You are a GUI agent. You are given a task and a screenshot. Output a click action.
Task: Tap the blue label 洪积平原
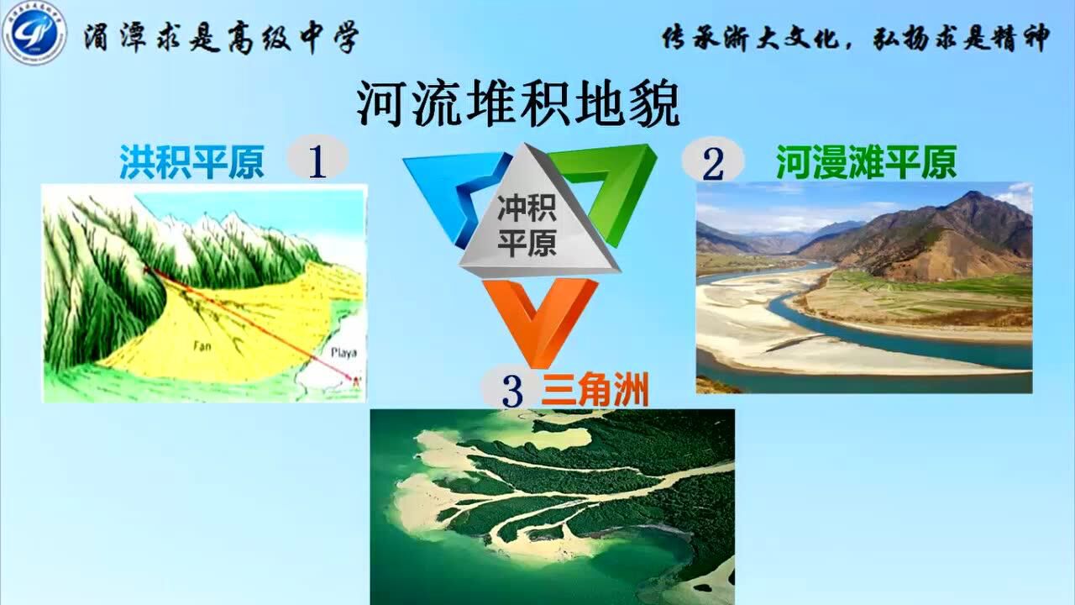point(191,162)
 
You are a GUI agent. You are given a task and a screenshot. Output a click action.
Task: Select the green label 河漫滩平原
point(866,162)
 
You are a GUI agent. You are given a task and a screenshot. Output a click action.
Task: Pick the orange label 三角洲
point(595,391)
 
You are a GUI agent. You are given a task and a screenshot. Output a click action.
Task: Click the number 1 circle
point(317,160)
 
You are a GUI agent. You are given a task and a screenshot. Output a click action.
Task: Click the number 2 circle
point(712,162)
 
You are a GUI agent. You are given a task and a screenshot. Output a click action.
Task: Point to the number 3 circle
point(511,391)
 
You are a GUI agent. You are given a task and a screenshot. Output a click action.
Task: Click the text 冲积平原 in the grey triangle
point(527,224)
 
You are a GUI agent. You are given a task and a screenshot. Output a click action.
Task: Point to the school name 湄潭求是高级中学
point(220,39)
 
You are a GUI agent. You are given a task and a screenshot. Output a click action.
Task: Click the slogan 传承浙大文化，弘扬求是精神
point(855,38)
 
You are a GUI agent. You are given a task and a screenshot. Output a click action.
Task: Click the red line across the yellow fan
point(252,324)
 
